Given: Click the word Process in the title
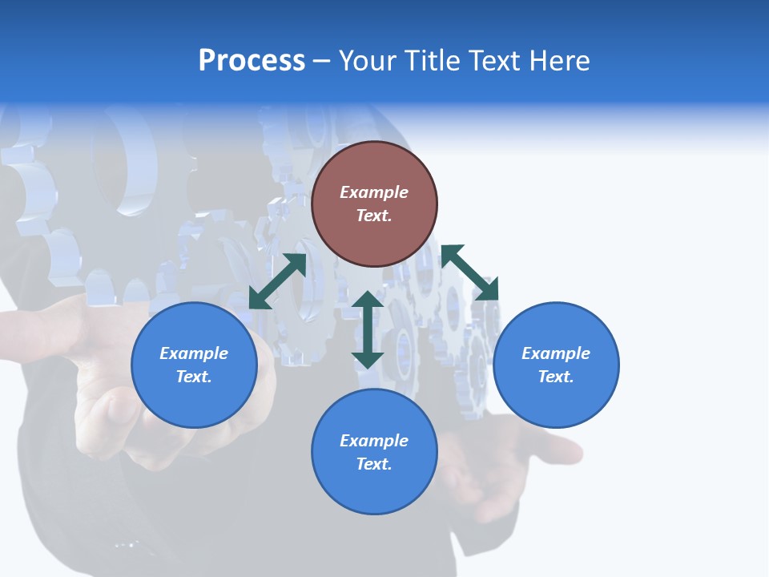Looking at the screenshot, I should click(252, 61).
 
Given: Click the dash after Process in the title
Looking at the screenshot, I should click(322, 62).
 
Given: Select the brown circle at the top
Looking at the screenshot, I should click(374, 204).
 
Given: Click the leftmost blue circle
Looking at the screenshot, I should click(194, 365).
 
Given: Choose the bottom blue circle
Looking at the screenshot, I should click(374, 452).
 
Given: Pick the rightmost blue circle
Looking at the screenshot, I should click(556, 365).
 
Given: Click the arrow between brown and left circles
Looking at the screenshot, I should click(278, 280).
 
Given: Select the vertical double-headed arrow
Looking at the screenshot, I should click(368, 329).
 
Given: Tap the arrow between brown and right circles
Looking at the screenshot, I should click(470, 273).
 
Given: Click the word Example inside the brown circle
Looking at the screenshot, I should click(374, 192).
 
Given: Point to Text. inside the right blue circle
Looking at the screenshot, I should click(556, 377).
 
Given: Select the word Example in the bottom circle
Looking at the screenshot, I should click(374, 441).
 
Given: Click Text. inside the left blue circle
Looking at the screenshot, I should click(194, 377).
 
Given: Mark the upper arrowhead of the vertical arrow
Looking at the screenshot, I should click(368, 301).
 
